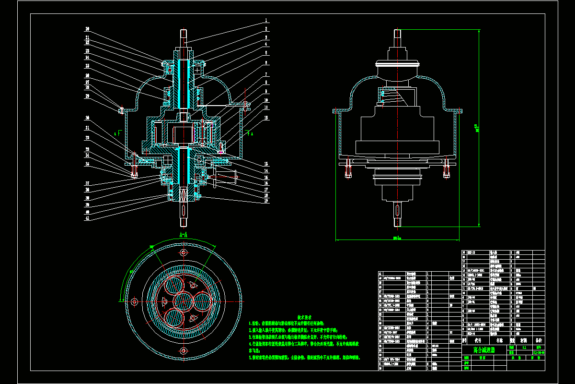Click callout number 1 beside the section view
point(266,21)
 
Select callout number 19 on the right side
point(266,201)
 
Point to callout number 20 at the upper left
point(88,28)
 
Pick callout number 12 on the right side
point(266,118)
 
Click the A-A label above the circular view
point(183,235)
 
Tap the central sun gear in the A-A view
point(183,301)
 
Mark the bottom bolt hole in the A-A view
point(183,353)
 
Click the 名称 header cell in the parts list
point(499,339)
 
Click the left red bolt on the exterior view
point(349,170)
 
